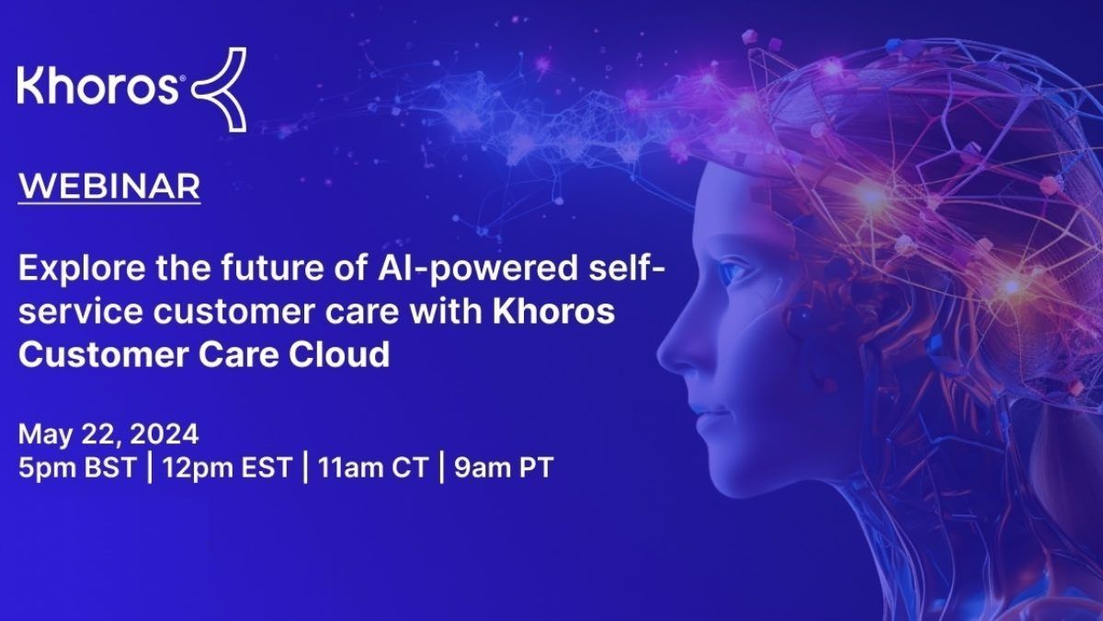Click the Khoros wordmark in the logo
click(x=97, y=86)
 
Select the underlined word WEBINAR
click(x=109, y=186)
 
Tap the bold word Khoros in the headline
click(x=554, y=311)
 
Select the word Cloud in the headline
click(x=339, y=354)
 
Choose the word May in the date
click(x=46, y=435)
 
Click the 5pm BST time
click(x=77, y=467)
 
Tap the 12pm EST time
click(x=227, y=467)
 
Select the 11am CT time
click(x=372, y=467)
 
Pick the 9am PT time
click(x=504, y=467)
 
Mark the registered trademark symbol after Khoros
click(x=183, y=78)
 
